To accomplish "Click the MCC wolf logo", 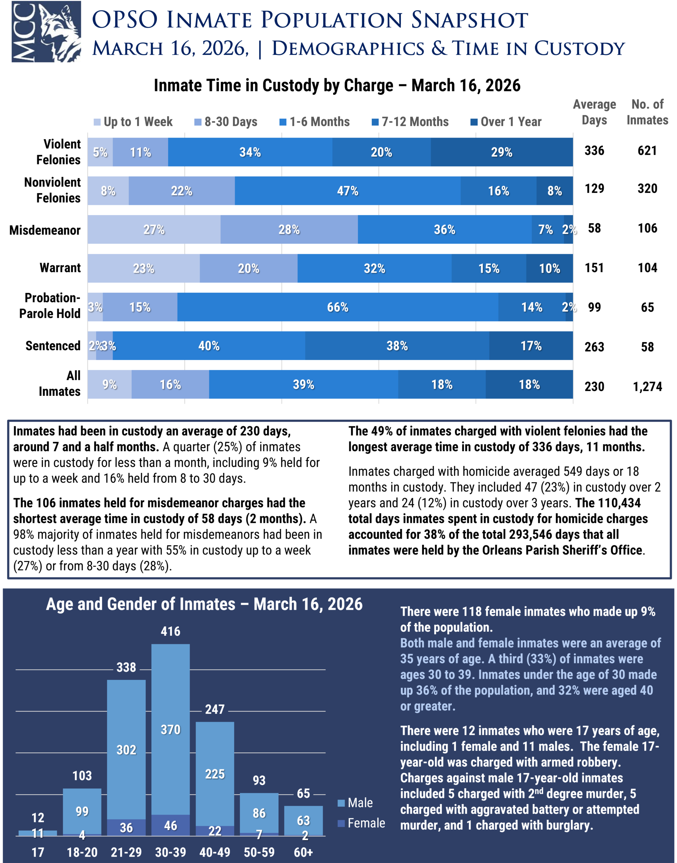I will [x=46, y=31].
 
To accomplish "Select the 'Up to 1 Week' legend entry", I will [x=134, y=122].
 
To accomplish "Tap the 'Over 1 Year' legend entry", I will [x=506, y=122].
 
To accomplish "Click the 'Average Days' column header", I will [x=594, y=112].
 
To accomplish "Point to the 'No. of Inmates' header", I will [x=647, y=112].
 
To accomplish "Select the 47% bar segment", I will [x=347, y=191].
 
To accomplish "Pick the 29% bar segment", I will [x=502, y=152].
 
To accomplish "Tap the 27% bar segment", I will [x=154, y=230].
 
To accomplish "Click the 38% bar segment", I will [x=397, y=346].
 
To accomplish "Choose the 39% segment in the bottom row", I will [x=303, y=384].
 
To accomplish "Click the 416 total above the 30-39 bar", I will [x=170, y=631].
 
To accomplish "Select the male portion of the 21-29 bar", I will [x=126, y=750].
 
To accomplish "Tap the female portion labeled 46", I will [x=170, y=825].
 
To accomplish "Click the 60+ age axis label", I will [x=303, y=852].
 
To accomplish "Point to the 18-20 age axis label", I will [x=82, y=852].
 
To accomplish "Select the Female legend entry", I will [x=361, y=823].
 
